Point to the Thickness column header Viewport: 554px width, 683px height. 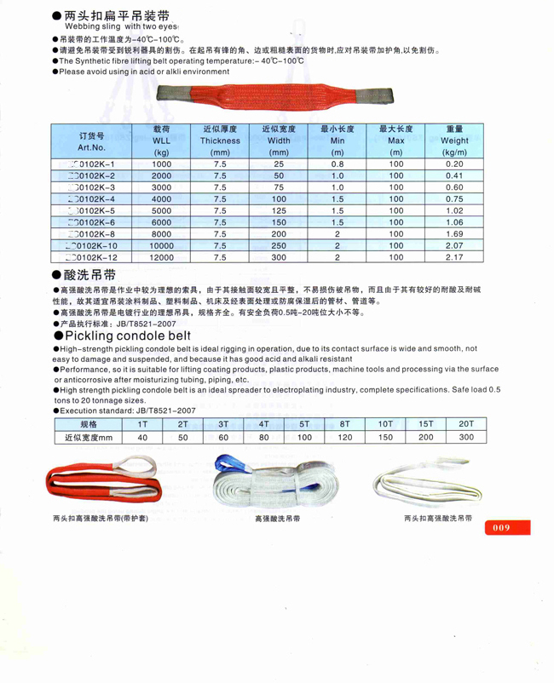click(x=220, y=140)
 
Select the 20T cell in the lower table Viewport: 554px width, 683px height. click(x=465, y=423)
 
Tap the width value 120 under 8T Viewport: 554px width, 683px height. click(x=344, y=438)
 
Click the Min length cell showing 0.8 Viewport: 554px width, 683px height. click(x=338, y=163)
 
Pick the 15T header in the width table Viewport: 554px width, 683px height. click(x=425, y=423)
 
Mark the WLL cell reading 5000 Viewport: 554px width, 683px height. click(x=162, y=209)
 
